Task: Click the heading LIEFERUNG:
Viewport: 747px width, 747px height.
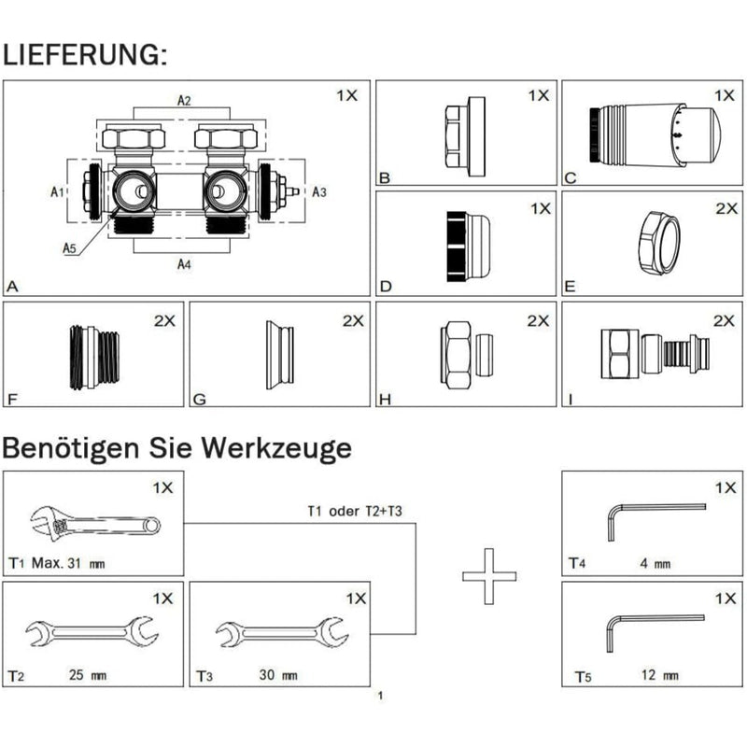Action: pyautogui.click(x=85, y=54)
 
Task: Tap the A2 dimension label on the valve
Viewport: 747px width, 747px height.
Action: pyautogui.click(x=185, y=101)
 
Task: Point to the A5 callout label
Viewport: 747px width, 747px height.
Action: pyautogui.click(x=70, y=247)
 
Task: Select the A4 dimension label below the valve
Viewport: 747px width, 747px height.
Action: pyautogui.click(x=185, y=264)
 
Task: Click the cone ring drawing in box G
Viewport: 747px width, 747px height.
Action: pyautogui.click(x=279, y=356)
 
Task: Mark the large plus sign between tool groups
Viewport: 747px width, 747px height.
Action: pyautogui.click(x=489, y=576)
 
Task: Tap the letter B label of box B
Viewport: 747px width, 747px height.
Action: pyautogui.click(x=383, y=177)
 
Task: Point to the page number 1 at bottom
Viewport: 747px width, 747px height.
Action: pyautogui.click(x=380, y=696)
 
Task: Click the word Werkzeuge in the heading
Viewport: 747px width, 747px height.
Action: pyautogui.click(x=278, y=448)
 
